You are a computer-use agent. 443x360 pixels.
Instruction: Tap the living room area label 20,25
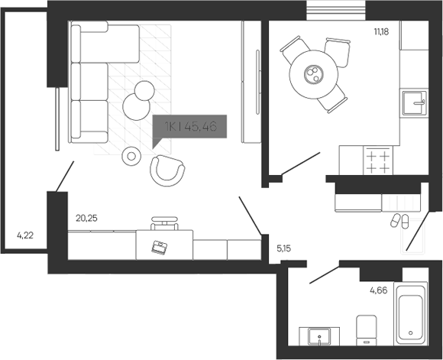point(86,218)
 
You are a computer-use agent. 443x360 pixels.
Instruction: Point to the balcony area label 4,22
point(26,235)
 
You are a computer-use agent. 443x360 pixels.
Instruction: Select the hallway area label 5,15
point(283,248)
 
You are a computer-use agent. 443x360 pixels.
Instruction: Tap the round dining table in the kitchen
point(313,73)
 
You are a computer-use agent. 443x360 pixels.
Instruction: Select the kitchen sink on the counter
point(416,102)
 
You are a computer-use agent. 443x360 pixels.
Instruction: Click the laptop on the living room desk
point(160,246)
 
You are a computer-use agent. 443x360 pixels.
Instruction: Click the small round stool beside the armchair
point(131,156)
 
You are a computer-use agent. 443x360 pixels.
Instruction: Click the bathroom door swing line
point(324,274)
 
